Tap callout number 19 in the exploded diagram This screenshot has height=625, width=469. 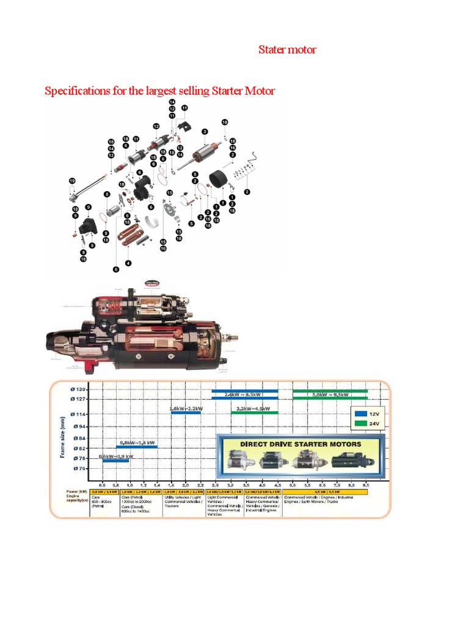pyautogui.click(x=72, y=181)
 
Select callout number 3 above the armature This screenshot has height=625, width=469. pyautogui.click(x=205, y=131)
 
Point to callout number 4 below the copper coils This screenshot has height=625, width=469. pyautogui.click(x=128, y=263)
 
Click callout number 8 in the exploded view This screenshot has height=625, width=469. pyautogui.click(x=106, y=195)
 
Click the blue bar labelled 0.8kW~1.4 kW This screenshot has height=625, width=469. pyautogui.click(x=137, y=447)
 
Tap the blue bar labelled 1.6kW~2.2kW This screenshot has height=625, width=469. pyautogui.click(x=186, y=413)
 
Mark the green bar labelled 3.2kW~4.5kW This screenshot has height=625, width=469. pyautogui.click(x=255, y=413)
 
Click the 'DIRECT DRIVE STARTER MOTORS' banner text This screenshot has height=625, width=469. pyautogui.click(x=300, y=444)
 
